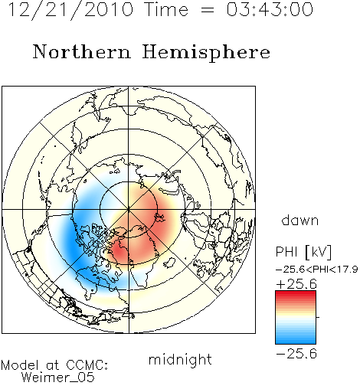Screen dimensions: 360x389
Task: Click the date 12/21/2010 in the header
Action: click(x=70, y=10)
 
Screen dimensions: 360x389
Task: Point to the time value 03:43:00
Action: click(x=270, y=10)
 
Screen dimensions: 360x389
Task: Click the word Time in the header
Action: click(x=166, y=10)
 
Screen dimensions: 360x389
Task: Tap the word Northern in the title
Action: click(x=82, y=52)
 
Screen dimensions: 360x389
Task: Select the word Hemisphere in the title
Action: click(x=206, y=53)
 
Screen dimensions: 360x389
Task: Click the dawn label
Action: click(x=300, y=221)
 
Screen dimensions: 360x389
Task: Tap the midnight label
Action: click(x=180, y=360)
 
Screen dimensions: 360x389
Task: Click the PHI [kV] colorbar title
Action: click(x=303, y=252)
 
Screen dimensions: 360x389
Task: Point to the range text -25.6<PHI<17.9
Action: click(x=316, y=270)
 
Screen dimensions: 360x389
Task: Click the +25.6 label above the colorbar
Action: click(x=296, y=284)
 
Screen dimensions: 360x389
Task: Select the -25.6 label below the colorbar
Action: click(x=296, y=354)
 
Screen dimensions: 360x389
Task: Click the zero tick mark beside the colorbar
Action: click(x=318, y=317)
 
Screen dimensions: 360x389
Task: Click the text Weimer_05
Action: click(x=58, y=378)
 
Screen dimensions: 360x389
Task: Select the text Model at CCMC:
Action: click(x=54, y=365)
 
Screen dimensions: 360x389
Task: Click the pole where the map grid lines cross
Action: click(x=129, y=210)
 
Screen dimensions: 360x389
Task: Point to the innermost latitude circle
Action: click(x=129, y=181)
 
